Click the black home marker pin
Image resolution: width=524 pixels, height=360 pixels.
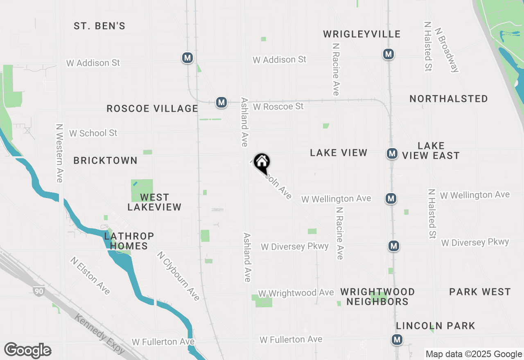(262, 163)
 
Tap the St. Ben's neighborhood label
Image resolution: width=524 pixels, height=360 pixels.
(99, 26)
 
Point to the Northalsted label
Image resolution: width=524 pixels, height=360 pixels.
(449, 99)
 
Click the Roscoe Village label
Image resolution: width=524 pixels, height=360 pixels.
(152, 108)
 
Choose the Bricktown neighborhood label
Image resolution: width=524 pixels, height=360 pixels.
(105, 160)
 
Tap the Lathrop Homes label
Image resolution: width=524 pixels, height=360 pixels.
(129, 241)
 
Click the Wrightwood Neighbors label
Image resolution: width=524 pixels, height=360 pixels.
(377, 297)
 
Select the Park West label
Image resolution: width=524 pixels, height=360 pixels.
(480, 292)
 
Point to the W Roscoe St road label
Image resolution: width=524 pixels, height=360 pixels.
(278, 106)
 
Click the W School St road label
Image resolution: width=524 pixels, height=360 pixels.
(93, 133)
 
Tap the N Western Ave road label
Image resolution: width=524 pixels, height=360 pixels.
(59, 153)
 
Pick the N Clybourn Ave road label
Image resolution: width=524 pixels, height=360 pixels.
(178, 276)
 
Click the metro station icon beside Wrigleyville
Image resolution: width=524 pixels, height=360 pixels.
(388, 54)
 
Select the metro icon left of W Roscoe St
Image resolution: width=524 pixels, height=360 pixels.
(221, 102)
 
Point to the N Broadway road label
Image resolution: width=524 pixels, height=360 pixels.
(447, 50)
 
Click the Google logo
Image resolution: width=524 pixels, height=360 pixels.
(27, 351)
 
